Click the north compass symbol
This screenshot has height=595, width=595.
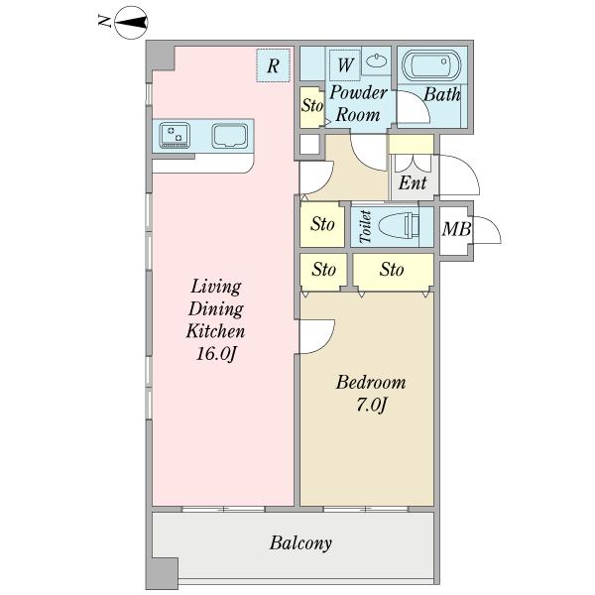tap(131, 23)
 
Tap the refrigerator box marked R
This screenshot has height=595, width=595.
tap(274, 65)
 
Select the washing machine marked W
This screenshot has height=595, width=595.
tap(344, 64)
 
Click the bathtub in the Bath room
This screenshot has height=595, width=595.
tap(431, 66)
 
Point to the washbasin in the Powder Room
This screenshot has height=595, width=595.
tap(377, 59)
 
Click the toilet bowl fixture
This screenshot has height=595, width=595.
tap(399, 226)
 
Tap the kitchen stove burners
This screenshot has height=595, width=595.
tap(175, 135)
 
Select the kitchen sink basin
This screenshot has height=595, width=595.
tap(230, 135)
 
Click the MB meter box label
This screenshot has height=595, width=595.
tap(456, 229)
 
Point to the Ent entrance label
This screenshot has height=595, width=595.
tap(413, 182)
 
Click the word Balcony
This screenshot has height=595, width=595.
tap(300, 543)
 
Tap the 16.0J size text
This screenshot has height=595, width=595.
tap(216, 354)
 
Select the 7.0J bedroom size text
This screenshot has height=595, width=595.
tap(371, 405)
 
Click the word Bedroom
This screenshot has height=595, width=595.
tap(371, 382)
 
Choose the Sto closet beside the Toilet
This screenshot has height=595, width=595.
tap(322, 224)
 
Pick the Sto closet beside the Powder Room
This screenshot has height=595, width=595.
tap(312, 107)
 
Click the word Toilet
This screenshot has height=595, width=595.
tap(365, 226)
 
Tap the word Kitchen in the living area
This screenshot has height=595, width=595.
tap(215, 331)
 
